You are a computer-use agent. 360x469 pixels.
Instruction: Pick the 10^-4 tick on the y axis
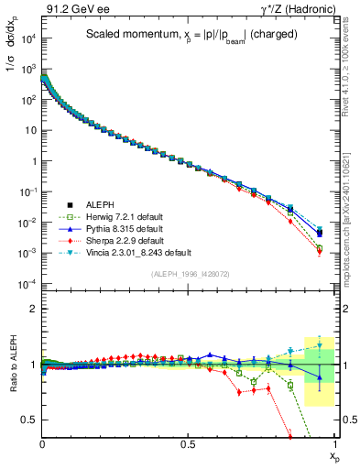click(28, 284)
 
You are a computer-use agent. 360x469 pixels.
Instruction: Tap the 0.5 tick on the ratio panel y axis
click(30, 420)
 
